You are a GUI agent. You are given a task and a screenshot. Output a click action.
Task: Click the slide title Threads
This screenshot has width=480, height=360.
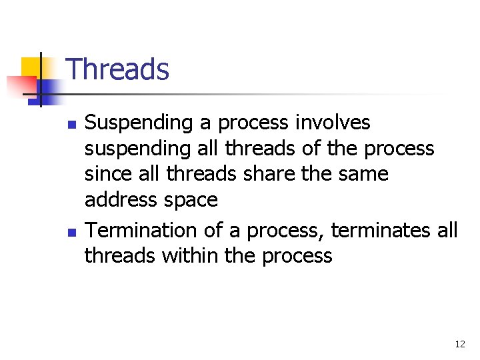point(118,69)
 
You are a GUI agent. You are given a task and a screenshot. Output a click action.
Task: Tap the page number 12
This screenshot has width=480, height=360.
point(459,344)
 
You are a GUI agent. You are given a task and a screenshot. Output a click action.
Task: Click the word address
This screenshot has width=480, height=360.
point(121,199)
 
